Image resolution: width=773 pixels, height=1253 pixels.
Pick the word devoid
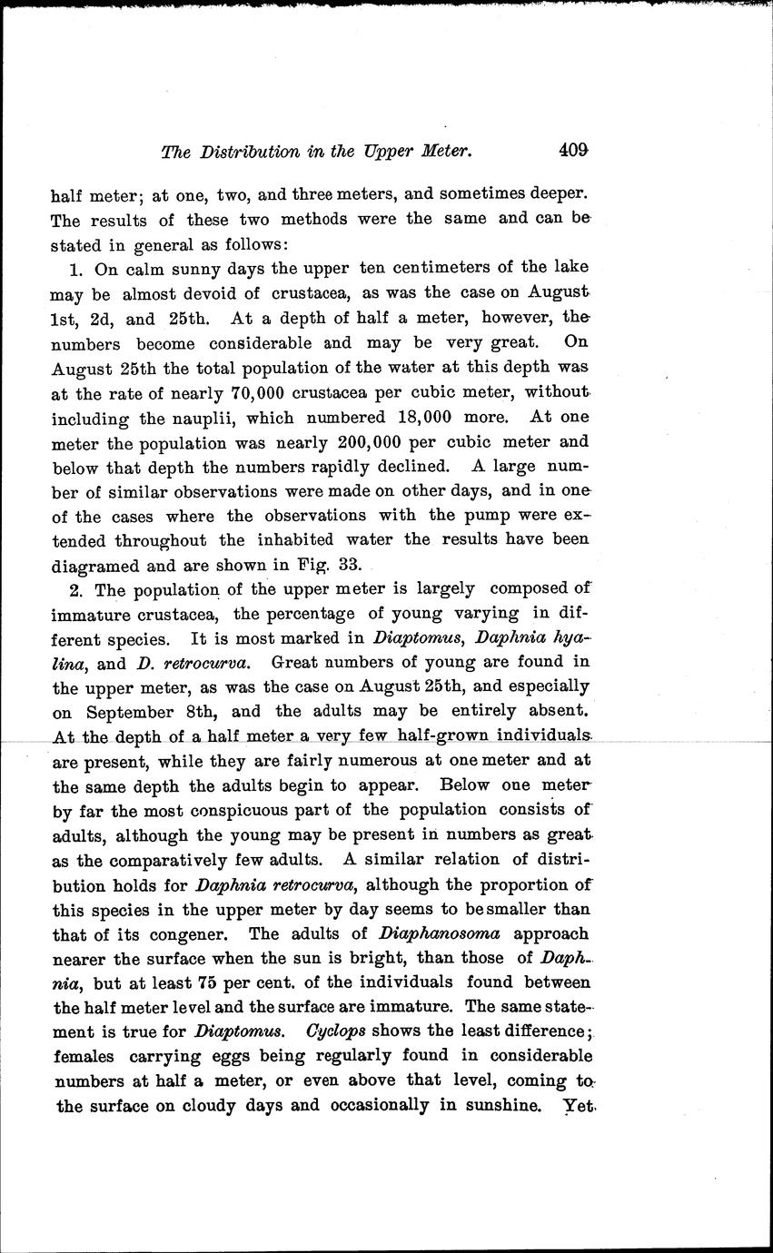point(199,293)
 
